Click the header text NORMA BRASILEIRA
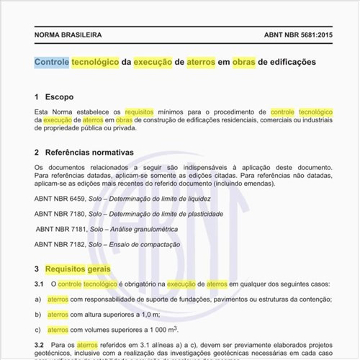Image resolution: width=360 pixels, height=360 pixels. (x=68, y=35)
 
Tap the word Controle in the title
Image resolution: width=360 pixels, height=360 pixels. (x=52, y=63)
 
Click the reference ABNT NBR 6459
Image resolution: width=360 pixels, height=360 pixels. (x=60, y=198)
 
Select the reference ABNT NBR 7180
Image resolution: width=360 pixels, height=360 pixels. (x=60, y=214)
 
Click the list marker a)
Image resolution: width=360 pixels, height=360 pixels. (x=38, y=300)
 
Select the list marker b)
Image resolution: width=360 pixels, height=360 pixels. (x=38, y=315)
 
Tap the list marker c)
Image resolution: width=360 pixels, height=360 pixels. (x=38, y=330)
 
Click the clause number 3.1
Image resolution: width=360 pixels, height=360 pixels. (x=40, y=285)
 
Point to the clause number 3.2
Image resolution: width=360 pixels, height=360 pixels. (x=40, y=346)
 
